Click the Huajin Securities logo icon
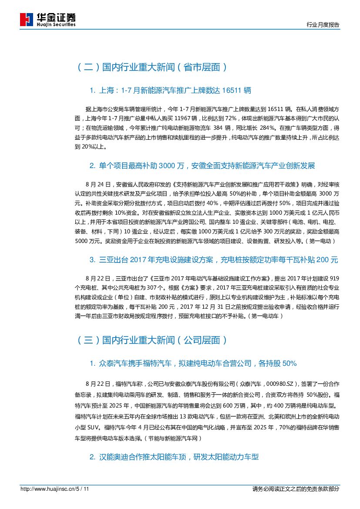pyautogui.click(x=27, y=20)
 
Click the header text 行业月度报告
pyautogui.click(x=323, y=25)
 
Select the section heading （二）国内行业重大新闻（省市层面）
pyautogui.click(x=151, y=67)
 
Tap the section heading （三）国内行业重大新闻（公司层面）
pyautogui.click(x=151, y=340)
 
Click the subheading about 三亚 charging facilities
pyautogui.click(x=214, y=260)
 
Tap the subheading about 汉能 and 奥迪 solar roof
pyautogui.click(x=174, y=457)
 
